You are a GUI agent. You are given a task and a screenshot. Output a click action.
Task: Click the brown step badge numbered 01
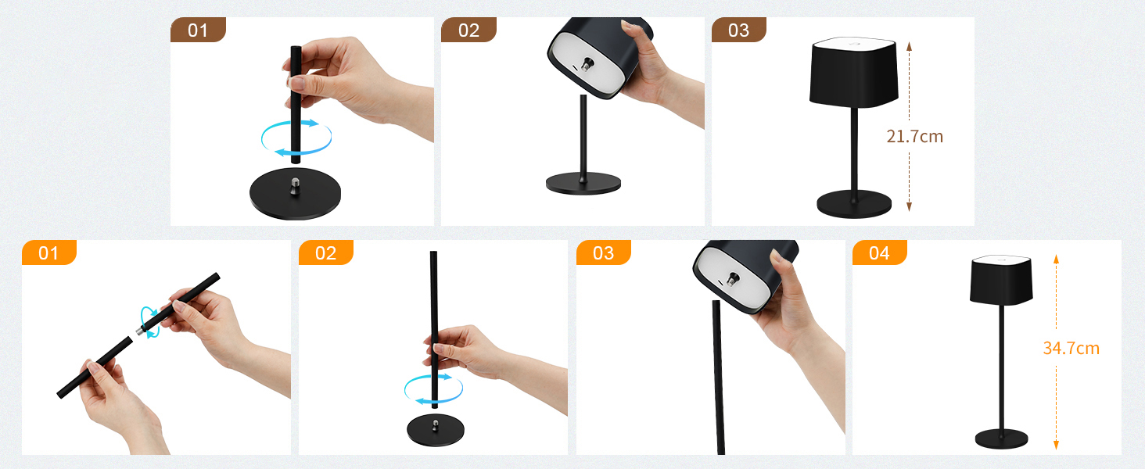198,30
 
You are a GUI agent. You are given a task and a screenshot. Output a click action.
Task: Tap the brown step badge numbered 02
468,30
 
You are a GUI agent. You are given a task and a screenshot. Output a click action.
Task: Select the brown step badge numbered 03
738,30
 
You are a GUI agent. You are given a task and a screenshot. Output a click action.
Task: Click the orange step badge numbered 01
48,252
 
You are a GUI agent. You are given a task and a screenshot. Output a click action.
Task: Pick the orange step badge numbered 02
325,252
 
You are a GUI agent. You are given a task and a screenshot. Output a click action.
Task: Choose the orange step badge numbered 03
603,252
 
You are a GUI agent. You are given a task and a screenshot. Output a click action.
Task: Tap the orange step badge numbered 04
879,252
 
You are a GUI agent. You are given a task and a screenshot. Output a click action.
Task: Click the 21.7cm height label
914,137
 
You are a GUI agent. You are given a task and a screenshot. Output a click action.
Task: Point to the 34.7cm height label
1071,349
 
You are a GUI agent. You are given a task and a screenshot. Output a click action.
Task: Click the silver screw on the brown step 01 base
295,185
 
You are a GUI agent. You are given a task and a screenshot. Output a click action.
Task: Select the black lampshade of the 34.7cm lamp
1001,281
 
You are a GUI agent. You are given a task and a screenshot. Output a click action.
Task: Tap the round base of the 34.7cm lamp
1001,439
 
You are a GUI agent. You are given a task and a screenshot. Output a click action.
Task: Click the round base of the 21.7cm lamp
853,204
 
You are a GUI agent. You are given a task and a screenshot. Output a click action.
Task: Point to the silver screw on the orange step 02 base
435,425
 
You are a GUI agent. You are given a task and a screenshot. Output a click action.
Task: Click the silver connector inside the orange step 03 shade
733,280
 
